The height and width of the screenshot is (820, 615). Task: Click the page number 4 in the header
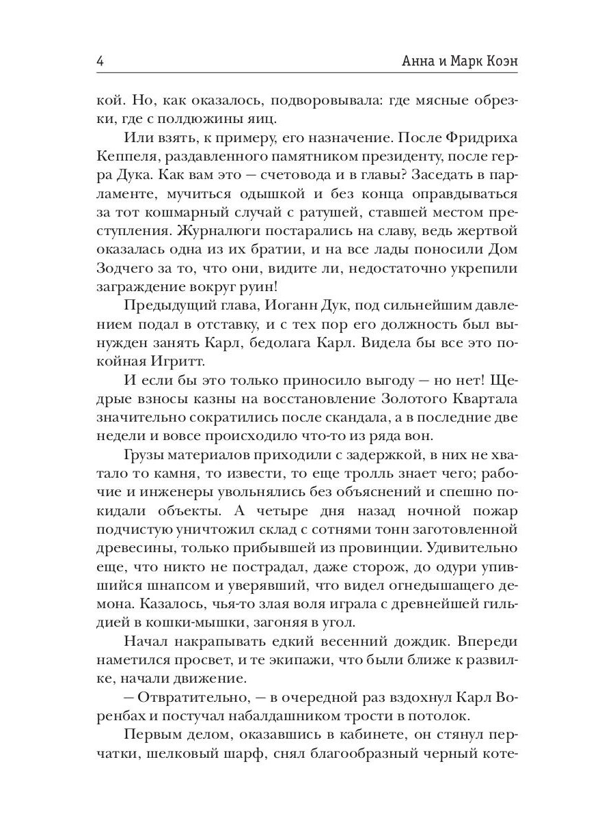(100, 61)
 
